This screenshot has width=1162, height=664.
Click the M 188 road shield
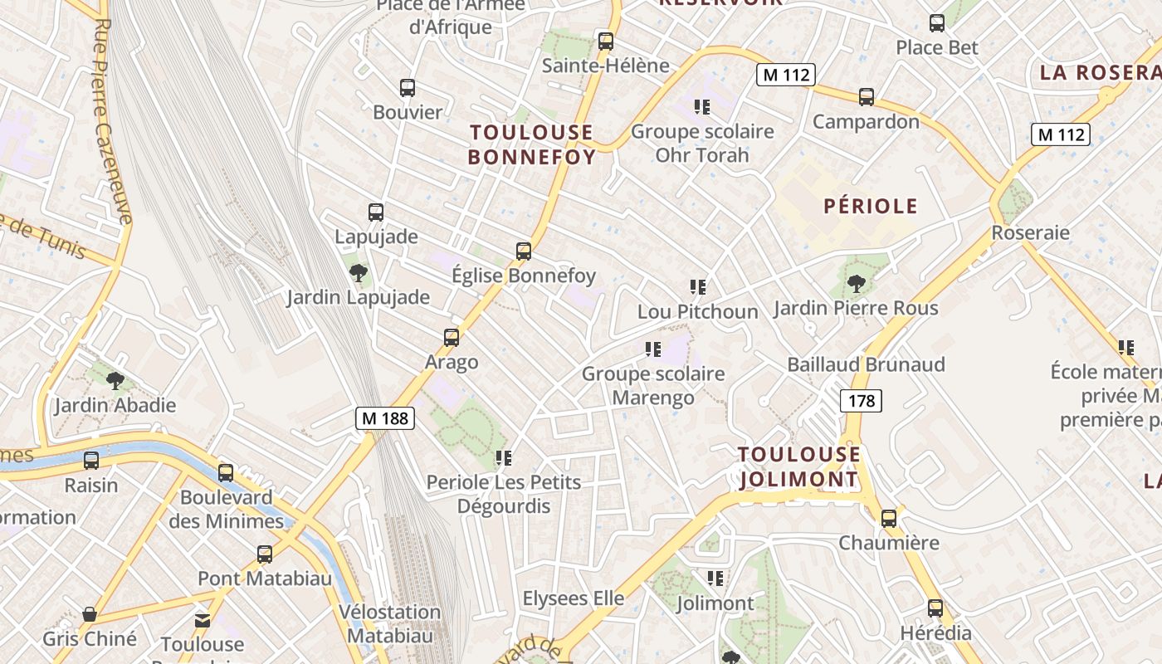pos(385,418)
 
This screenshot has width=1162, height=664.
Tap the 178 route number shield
pos(862,402)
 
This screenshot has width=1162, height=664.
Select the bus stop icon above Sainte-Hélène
pos(606,41)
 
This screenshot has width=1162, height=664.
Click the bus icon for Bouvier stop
pos(408,87)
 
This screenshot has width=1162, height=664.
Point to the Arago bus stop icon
pos(452,338)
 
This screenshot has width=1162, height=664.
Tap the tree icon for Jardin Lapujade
pos(359,272)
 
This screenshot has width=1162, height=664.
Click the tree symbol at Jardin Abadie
pos(115,381)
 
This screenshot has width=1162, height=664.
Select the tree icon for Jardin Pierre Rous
pos(857,284)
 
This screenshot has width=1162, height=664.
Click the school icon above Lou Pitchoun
pos(698,287)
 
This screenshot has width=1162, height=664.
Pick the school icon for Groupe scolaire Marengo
pos(653,349)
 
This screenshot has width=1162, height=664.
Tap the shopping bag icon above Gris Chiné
pos(90,615)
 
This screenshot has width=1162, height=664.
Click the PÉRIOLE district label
pos(871,207)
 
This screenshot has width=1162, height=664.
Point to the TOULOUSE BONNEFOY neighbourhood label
pos(532,144)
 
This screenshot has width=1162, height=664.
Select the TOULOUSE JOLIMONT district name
pos(798,466)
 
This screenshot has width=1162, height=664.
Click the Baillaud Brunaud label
pos(866,364)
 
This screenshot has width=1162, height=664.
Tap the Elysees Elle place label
pos(573,598)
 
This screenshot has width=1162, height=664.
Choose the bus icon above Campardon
pos(867,97)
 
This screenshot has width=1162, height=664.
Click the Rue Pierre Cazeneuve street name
pos(114,121)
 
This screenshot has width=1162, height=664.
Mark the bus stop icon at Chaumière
pos(889,519)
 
